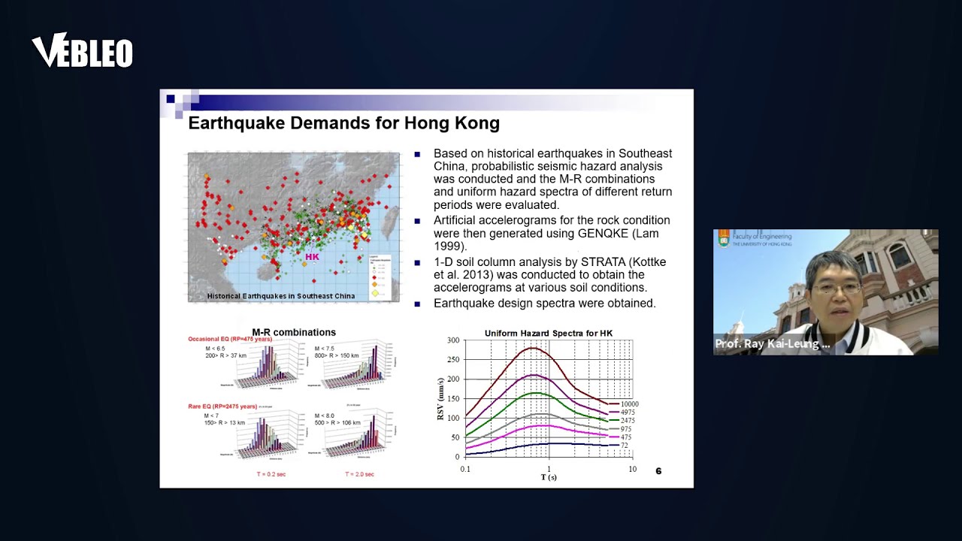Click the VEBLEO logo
click(82, 51)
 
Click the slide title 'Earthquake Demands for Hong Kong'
click(343, 122)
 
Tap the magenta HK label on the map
click(312, 257)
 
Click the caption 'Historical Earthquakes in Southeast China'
click(281, 296)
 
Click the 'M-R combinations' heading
click(294, 332)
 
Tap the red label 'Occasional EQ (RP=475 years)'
click(230, 340)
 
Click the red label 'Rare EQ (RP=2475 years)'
click(222, 407)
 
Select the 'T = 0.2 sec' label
click(271, 474)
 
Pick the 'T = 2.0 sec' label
click(359, 474)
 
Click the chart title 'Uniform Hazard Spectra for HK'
click(549, 333)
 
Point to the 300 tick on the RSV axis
click(452, 340)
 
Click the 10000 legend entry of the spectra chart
click(628, 404)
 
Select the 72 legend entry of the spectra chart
click(624, 446)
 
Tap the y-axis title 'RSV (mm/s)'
click(440, 398)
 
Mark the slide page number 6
click(658, 471)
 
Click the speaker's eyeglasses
click(836, 289)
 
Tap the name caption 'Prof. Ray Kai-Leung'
click(772, 344)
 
